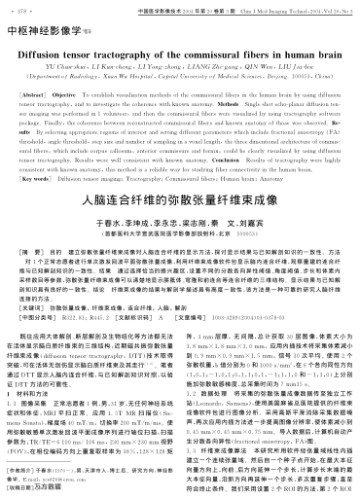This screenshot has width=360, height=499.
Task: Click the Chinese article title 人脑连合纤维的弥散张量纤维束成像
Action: (181, 199)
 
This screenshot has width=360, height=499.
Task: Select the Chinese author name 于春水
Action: (121, 222)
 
